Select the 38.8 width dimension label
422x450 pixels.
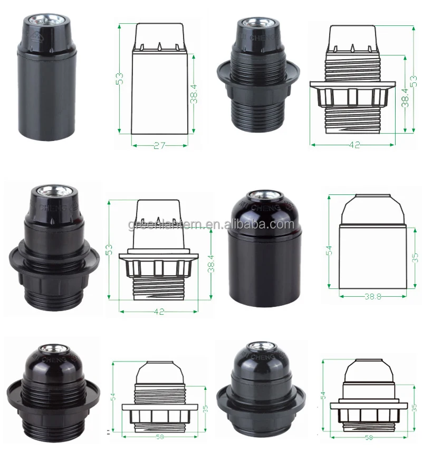pyautogui.click(x=372, y=296)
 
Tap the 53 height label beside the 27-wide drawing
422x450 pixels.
pyautogui.click(x=120, y=79)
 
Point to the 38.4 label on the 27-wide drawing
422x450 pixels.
pyautogui.click(x=194, y=94)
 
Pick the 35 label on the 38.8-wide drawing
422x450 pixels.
pyautogui.click(x=415, y=258)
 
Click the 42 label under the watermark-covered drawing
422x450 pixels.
pyautogui.click(x=159, y=312)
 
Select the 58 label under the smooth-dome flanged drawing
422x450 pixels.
pyautogui.click(x=369, y=438)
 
